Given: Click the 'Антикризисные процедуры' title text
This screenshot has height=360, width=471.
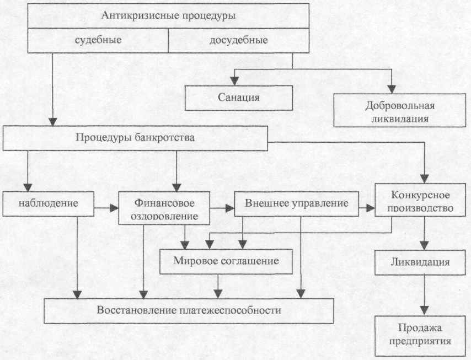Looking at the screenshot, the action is click(x=168, y=15).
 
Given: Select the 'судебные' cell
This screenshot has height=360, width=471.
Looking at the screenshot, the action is click(x=98, y=41).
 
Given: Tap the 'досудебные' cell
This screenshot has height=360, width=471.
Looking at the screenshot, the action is click(x=239, y=41).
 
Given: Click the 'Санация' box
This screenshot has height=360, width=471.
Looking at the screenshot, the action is click(x=239, y=98).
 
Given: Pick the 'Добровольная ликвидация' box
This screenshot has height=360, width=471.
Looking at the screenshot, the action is click(x=400, y=110).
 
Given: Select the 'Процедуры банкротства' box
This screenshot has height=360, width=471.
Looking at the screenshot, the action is click(x=135, y=138).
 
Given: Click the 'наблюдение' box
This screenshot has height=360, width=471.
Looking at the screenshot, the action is click(x=49, y=204).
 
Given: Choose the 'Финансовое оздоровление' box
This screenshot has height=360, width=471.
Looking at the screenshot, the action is click(x=164, y=208).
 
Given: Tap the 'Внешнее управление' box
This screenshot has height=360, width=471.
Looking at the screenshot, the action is click(x=297, y=204).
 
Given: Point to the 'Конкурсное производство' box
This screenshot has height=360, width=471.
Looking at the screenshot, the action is click(x=420, y=200).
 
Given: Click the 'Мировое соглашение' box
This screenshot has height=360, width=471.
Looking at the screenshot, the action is click(x=226, y=261).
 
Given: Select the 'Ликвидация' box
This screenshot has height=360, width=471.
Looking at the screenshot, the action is click(x=420, y=262).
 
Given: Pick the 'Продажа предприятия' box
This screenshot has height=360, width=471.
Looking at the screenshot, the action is click(x=420, y=336).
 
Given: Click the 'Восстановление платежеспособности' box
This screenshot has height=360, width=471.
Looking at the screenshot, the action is click(x=189, y=311).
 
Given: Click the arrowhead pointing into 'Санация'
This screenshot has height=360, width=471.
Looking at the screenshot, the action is click(x=234, y=81).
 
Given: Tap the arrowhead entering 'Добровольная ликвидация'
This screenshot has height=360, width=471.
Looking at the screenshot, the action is click(x=392, y=89).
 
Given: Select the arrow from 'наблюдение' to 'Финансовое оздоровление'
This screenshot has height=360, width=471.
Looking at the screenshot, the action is click(x=106, y=208).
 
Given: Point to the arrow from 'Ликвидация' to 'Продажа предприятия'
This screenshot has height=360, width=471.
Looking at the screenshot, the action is click(x=424, y=295).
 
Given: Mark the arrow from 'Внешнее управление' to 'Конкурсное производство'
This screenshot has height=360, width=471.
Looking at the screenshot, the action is click(x=367, y=208).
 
